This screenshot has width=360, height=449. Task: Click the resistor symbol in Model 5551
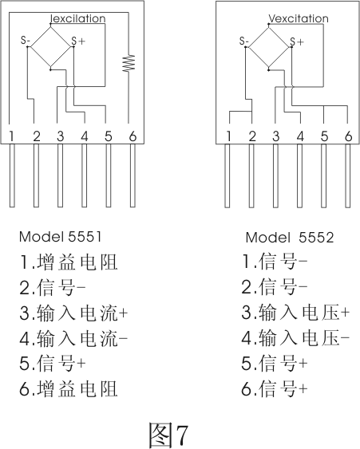129,63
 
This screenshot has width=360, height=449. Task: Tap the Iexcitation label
77,18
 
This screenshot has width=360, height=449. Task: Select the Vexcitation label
298,18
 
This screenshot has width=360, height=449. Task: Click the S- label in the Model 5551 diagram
26,41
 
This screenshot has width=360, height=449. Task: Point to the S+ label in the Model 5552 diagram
296,41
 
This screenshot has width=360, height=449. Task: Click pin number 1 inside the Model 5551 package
11,136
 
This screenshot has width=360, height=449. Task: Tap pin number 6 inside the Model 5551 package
133,136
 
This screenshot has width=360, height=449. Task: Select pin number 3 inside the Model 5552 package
275,136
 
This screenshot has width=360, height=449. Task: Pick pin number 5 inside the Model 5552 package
324,136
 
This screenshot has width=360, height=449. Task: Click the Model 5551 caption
60,237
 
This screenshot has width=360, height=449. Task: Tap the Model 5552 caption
290,238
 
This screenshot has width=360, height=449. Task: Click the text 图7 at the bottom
168,435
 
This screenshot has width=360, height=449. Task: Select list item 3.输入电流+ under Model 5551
73,313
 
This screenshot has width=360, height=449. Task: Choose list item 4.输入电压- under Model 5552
295,338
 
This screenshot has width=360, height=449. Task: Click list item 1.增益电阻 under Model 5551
69,262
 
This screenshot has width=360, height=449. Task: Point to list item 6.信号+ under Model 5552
275,389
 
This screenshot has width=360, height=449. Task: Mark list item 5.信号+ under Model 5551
53,363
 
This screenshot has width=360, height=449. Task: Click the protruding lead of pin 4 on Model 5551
84,175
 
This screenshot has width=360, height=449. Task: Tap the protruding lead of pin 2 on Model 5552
251,175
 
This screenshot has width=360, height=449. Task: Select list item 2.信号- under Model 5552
275,287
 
